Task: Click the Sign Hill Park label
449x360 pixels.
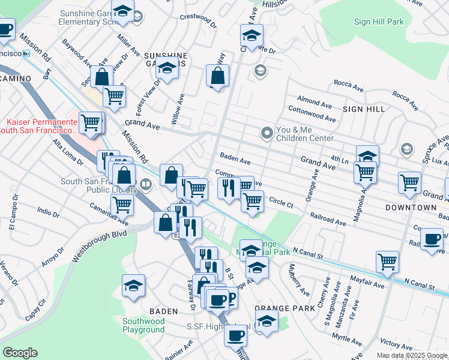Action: [x=379, y=22]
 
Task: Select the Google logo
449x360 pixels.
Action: [x=20, y=353]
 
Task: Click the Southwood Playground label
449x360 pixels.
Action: [x=143, y=325]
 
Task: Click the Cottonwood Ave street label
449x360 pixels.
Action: [x=310, y=110]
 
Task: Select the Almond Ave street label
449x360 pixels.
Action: [x=315, y=100]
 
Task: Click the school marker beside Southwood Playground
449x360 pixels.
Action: [x=133, y=286]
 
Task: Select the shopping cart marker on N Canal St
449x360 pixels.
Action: [x=388, y=260]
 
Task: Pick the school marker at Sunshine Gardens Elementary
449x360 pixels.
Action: [x=122, y=13]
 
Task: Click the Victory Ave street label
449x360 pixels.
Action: [x=396, y=344]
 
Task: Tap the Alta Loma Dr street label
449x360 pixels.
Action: [x=67, y=151]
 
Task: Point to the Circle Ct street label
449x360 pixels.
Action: [x=281, y=203]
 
